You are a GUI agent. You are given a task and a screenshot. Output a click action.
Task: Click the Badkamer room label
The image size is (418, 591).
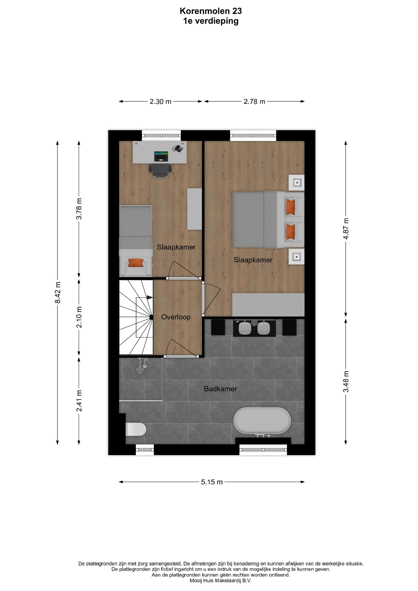[220, 389]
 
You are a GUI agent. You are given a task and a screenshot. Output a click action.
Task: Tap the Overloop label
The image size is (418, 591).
[176, 317]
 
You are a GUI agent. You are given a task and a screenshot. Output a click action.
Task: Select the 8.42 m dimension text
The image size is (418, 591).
[58, 293]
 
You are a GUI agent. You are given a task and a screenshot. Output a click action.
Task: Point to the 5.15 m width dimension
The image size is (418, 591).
[212, 482]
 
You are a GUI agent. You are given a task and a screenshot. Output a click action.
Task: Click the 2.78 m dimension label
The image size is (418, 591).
[254, 102]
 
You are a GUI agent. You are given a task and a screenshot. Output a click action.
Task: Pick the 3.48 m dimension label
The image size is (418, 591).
[346, 381]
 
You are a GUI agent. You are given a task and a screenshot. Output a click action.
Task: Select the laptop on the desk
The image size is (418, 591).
[161, 156]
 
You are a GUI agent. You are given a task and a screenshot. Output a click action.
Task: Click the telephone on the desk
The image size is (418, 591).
[178, 148]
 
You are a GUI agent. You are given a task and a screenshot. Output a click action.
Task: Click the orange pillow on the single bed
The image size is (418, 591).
[136, 263]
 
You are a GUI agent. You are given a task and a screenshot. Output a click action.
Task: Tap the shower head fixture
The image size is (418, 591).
[142, 365]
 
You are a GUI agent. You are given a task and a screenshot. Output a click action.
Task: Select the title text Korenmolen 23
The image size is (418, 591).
[211, 11]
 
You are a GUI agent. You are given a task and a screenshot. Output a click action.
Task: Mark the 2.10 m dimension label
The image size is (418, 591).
[79, 317]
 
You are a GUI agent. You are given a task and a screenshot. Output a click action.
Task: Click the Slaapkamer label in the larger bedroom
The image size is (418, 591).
[253, 260]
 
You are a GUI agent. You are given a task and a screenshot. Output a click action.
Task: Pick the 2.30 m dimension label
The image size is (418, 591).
[161, 102]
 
